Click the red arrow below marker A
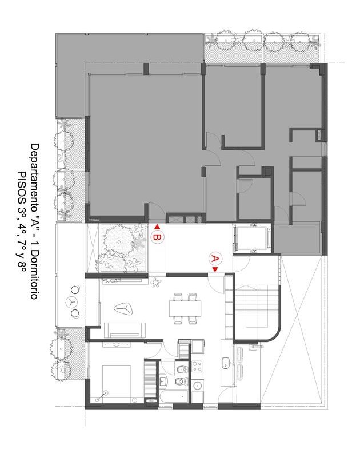(215, 269)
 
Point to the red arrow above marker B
(157, 227)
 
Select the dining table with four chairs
(185, 308)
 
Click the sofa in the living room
(125, 330)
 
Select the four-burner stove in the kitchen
(197, 367)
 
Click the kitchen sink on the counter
(226, 363)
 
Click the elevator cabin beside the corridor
(253, 238)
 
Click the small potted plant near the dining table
(155, 283)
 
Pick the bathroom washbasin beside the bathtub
(163, 382)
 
